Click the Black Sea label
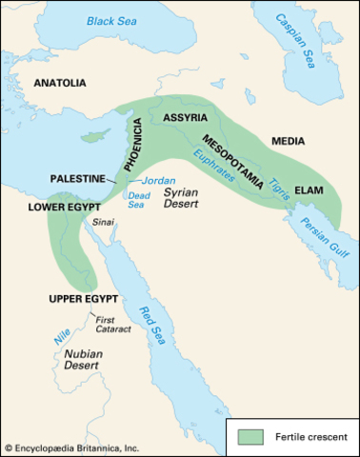point(112,20)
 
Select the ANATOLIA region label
point(60,84)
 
